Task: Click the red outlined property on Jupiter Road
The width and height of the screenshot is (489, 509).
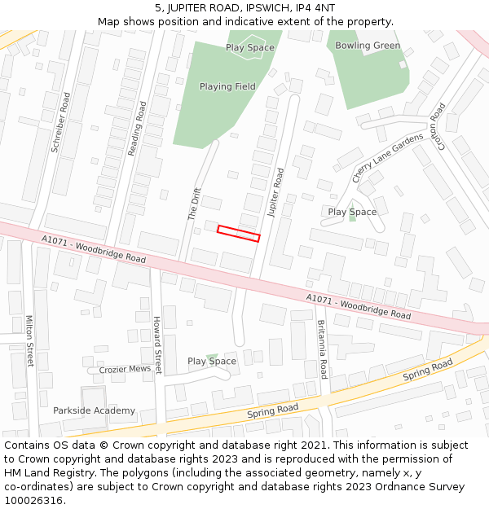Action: pos(238,234)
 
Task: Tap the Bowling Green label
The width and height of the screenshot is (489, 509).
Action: pos(368,46)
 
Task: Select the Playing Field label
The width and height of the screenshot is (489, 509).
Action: pos(227,86)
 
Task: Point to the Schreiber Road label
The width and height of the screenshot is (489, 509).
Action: pos(60,122)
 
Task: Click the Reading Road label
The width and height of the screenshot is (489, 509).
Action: pos(137,128)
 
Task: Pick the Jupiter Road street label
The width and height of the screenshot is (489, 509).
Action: pos(275,192)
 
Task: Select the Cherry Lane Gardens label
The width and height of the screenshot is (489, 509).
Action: pos(388,157)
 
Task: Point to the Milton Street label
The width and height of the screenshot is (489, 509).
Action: pos(30,341)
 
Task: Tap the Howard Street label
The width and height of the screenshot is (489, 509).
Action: pos(157,345)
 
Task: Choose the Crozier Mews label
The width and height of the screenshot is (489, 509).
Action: pos(125,369)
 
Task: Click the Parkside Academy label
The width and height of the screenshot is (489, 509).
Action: pos(95,410)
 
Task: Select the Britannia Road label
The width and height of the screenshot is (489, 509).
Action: pos(322,349)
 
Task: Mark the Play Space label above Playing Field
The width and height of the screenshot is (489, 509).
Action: pos(250,47)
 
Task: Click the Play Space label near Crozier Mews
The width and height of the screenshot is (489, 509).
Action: pos(212,361)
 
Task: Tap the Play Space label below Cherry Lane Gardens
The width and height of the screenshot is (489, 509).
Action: pos(352,212)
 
